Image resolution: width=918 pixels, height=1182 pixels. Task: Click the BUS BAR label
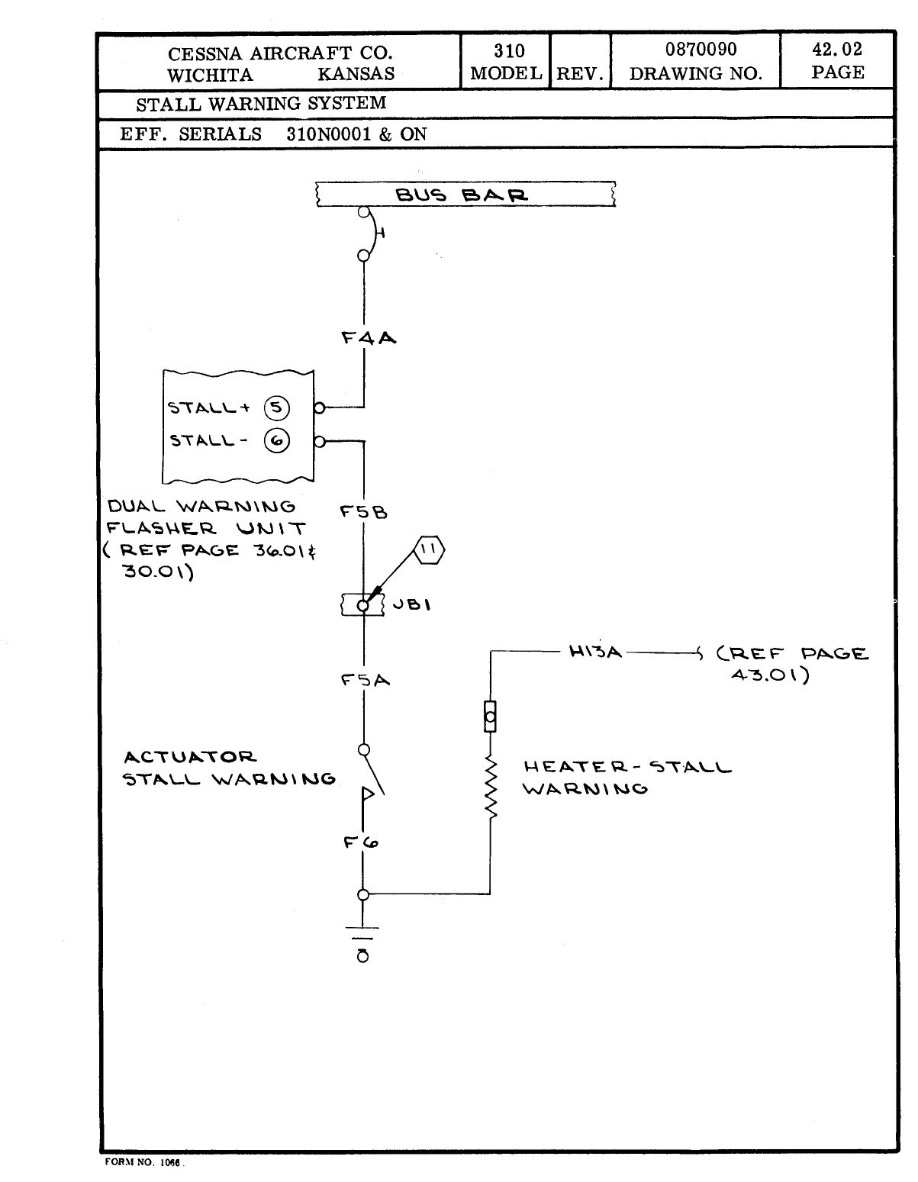461,195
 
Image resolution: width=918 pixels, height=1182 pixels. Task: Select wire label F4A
369,337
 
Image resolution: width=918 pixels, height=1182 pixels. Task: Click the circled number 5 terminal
276,407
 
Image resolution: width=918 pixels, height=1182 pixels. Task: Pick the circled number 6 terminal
276,440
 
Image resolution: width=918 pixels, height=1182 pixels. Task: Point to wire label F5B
364,513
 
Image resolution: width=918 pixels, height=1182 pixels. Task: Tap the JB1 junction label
412,605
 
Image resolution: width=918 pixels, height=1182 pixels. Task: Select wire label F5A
366,679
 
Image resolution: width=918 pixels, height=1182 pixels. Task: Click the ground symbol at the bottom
363,943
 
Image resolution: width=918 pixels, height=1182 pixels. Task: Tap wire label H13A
595,652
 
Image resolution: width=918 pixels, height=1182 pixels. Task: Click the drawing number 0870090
701,50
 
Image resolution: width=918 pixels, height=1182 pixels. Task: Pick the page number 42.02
837,50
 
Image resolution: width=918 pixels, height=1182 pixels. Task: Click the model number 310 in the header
509,51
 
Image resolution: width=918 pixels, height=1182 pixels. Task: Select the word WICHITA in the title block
210,75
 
